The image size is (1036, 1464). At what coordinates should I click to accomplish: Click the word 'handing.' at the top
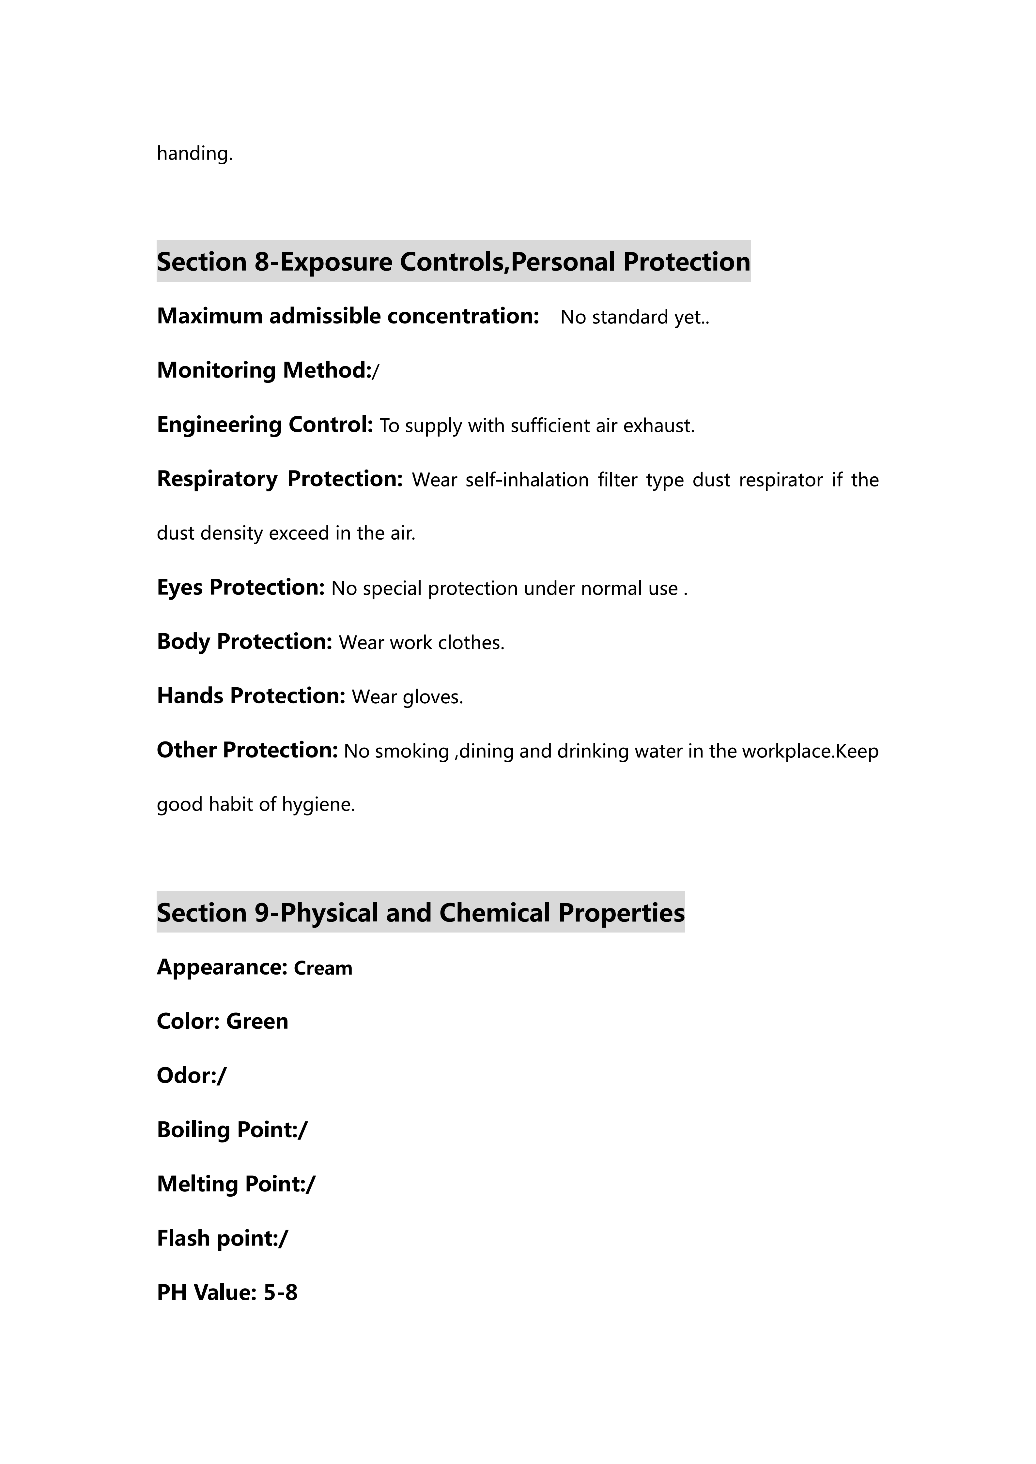[194, 154]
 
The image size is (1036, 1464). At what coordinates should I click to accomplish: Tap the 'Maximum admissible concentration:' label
[348, 316]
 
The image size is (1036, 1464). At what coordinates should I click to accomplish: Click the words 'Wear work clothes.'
[421, 643]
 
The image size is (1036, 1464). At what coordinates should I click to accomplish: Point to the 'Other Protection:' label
[247, 751]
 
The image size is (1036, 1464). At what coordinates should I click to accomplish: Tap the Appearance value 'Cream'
[323, 968]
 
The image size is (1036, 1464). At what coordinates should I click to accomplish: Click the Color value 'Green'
[257, 1022]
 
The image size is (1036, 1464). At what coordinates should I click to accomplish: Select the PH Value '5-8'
[281, 1292]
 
